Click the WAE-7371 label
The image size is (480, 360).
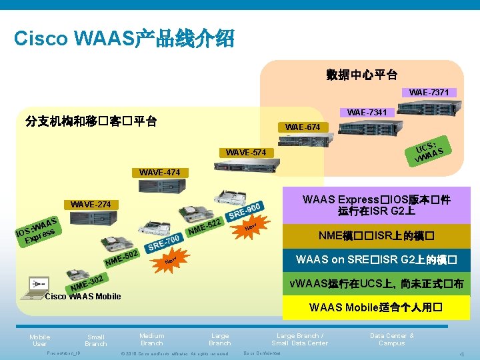[x=429, y=92]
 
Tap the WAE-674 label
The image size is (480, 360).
[x=303, y=127]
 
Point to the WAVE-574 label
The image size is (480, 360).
[x=245, y=153]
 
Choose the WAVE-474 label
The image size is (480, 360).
[x=159, y=173]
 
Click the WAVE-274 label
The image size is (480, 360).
[x=91, y=203]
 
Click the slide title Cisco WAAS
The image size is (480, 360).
[x=124, y=38]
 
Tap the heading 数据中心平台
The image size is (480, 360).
[x=362, y=74]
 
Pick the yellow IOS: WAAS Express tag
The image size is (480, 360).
[x=37, y=229]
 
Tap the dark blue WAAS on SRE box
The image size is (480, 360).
[x=376, y=259]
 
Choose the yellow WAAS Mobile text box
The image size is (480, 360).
[x=376, y=307]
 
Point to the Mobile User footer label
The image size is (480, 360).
[x=39, y=340]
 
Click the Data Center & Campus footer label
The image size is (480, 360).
[x=391, y=339]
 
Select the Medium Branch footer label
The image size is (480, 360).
[x=152, y=339]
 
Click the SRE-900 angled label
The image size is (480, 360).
[x=247, y=211]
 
